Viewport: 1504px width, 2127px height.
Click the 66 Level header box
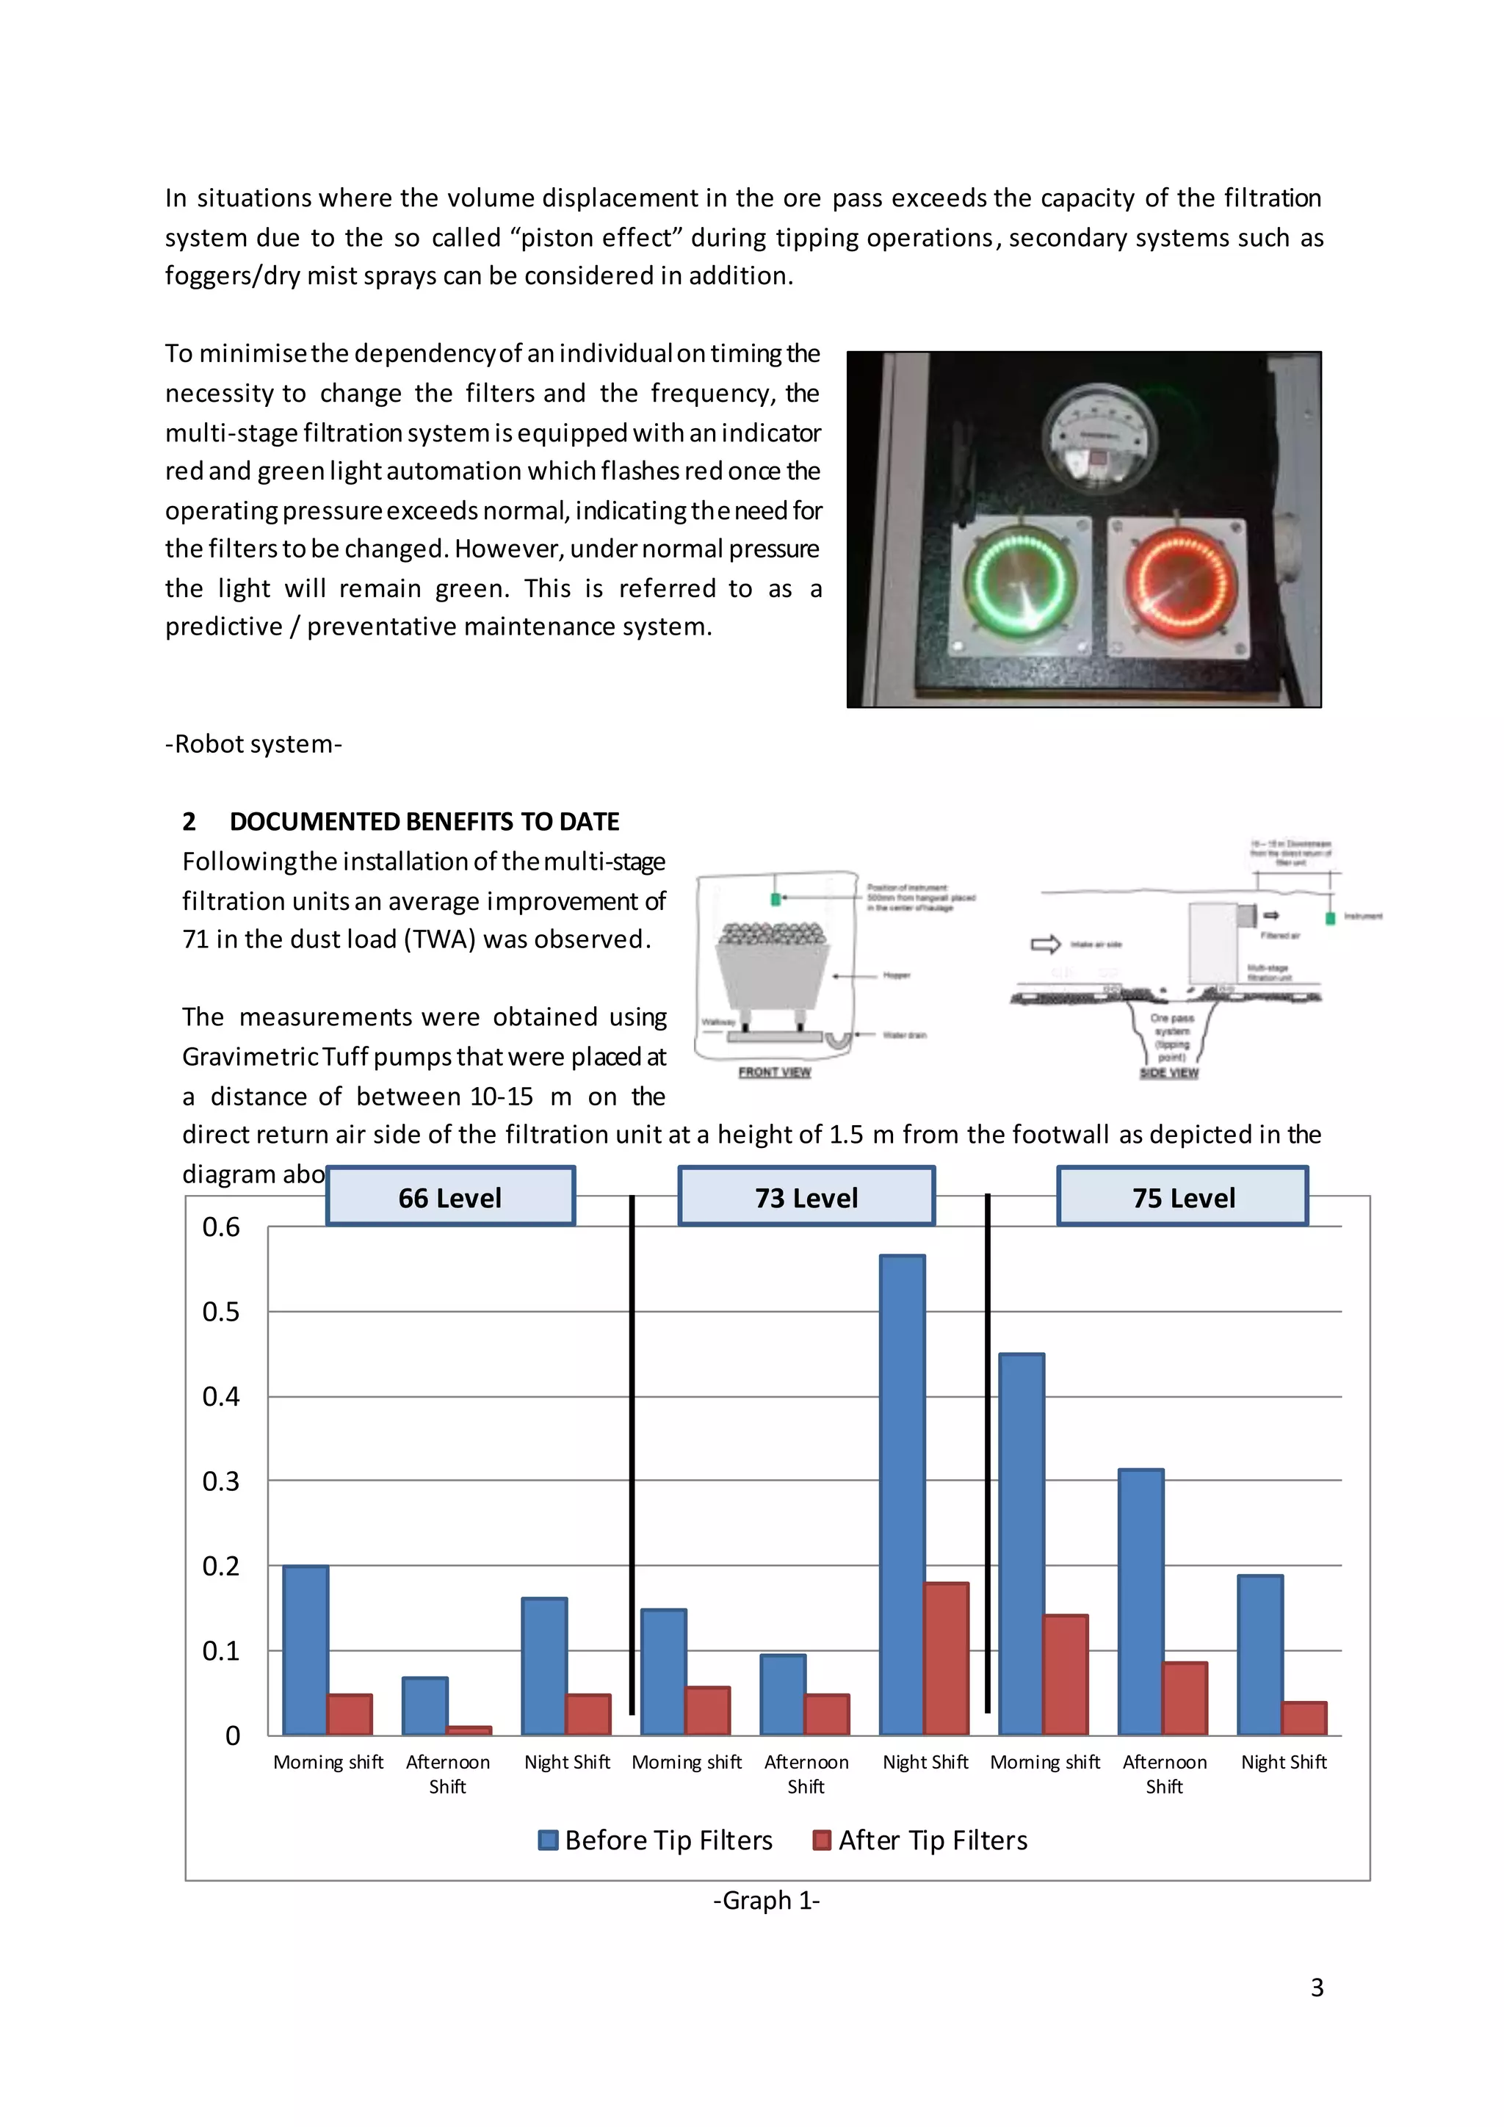pyautogui.click(x=450, y=1197)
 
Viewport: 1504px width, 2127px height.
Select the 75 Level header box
pyautogui.click(x=1182, y=1197)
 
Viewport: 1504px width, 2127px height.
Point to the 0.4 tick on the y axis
pyautogui.click(x=220, y=1397)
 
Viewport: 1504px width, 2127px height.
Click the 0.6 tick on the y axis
pyautogui.click(x=220, y=1227)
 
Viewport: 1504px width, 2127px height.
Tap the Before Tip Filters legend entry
pyautogui.click(x=656, y=1840)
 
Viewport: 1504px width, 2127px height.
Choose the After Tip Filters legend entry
pyautogui.click(x=921, y=1840)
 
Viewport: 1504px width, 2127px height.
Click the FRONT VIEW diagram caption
pyautogui.click(x=774, y=1072)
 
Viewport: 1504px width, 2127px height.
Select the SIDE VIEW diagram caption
pyautogui.click(x=1168, y=1073)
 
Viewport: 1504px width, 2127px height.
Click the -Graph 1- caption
pyautogui.click(x=766, y=1900)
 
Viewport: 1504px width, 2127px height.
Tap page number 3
pyautogui.click(x=1316, y=1987)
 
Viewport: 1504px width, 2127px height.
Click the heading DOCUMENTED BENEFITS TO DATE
pyautogui.click(x=424, y=822)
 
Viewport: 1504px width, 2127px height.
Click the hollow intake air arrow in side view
pyautogui.click(x=1046, y=944)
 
